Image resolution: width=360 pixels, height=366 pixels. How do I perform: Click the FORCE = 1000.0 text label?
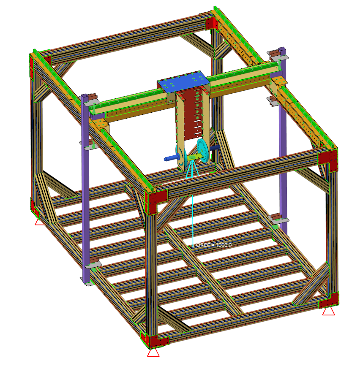coord(213,245)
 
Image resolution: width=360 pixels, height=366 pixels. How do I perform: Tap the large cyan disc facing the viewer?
coord(202,150)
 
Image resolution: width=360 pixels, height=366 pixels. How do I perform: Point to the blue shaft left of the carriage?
coord(171,158)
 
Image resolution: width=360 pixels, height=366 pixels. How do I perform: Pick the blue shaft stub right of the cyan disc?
coord(215,148)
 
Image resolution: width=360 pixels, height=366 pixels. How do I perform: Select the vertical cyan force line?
coord(193,221)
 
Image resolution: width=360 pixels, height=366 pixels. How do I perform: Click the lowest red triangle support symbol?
coord(153,352)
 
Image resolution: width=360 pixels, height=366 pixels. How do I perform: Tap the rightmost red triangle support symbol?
coord(328,312)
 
